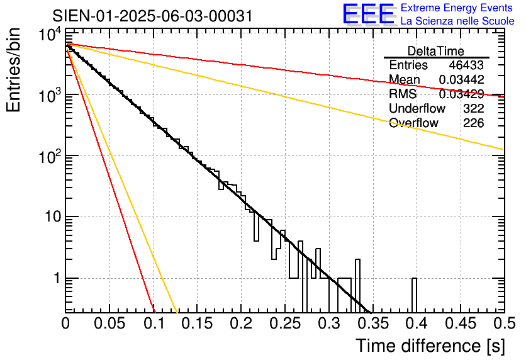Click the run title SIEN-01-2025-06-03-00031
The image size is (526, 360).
click(x=152, y=16)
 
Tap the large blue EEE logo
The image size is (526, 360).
click(x=368, y=14)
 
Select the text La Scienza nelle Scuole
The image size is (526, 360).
click(x=457, y=21)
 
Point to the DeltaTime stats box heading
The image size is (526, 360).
click(x=435, y=51)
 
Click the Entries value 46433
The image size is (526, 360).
click(x=466, y=65)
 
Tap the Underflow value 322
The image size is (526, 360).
click(x=473, y=109)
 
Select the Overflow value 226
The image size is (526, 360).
click(x=473, y=123)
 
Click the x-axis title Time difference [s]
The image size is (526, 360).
click(x=430, y=346)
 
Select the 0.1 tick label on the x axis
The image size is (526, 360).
click(x=154, y=323)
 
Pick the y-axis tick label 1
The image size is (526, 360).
click(x=55, y=278)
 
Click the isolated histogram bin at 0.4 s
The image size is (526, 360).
click(x=414, y=295)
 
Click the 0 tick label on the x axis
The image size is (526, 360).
click(x=66, y=323)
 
